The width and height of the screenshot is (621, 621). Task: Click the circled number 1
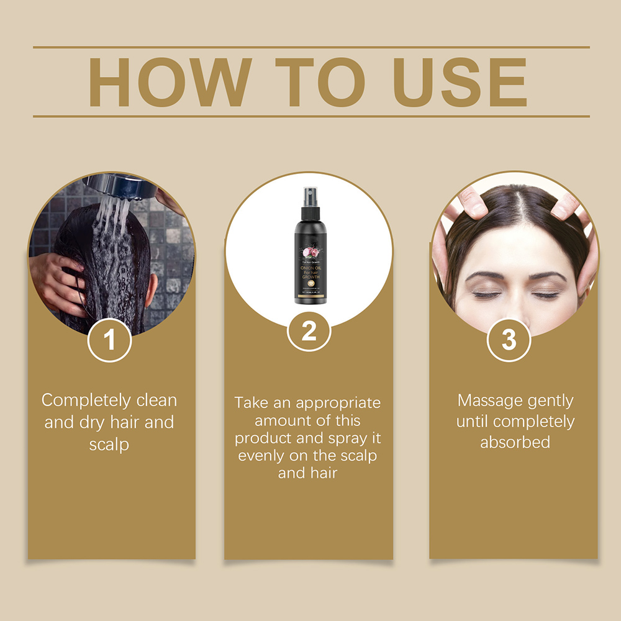point(109,340)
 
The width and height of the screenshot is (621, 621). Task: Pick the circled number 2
point(309,333)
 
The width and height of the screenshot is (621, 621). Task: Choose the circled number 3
point(509,340)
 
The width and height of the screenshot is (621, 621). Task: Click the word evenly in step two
point(261,455)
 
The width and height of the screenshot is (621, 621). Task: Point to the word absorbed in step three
point(515,442)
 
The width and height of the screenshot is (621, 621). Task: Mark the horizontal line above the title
point(310,47)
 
